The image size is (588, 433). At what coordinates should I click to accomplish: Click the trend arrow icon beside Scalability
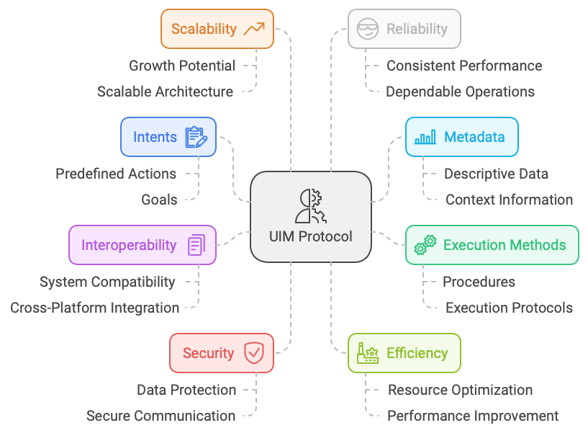254,29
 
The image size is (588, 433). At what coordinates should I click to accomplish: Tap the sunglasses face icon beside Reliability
368,29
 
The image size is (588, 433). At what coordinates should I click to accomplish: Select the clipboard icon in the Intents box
196,137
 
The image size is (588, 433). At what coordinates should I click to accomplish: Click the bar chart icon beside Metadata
425,137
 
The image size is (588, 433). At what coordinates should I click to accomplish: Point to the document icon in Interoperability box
196,245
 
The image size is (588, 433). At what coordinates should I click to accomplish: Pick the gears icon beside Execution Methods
425,245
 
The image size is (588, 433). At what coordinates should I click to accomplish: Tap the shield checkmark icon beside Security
254,353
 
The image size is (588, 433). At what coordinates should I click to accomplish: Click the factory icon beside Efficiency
368,353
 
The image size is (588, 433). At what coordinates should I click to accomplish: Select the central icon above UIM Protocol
311,206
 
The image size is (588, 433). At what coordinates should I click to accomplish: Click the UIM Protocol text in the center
311,236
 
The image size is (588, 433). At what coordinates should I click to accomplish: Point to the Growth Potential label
182,66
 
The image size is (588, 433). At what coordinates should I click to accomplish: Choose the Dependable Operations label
460,91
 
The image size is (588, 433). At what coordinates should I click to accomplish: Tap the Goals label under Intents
159,200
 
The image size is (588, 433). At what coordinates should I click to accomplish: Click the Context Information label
509,200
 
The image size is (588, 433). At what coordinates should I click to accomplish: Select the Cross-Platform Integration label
95,308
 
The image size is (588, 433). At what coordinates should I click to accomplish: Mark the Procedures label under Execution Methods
479,282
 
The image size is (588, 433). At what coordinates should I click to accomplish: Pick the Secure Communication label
160,416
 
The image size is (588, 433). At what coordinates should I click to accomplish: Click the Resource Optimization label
460,390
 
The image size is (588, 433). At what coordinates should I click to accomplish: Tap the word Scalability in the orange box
204,29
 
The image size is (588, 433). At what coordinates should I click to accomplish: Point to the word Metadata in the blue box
474,137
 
